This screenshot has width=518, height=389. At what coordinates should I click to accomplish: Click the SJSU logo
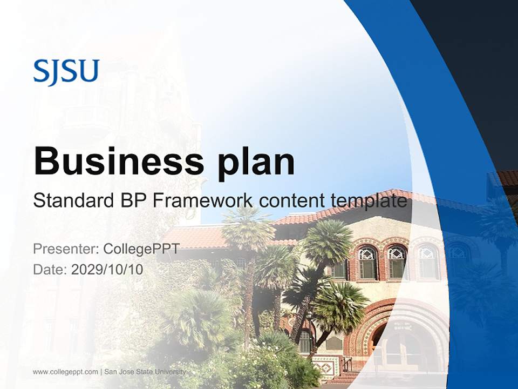coord(66,71)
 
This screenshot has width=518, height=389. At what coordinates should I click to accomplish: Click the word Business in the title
coord(114,161)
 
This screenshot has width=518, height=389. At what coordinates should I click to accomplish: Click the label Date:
coord(50,269)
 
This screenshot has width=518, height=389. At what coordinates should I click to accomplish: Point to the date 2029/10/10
coord(107,269)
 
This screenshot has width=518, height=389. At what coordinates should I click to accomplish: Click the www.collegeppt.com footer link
coord(65,372)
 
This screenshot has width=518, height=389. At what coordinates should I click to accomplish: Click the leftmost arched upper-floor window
coord(367,262)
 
